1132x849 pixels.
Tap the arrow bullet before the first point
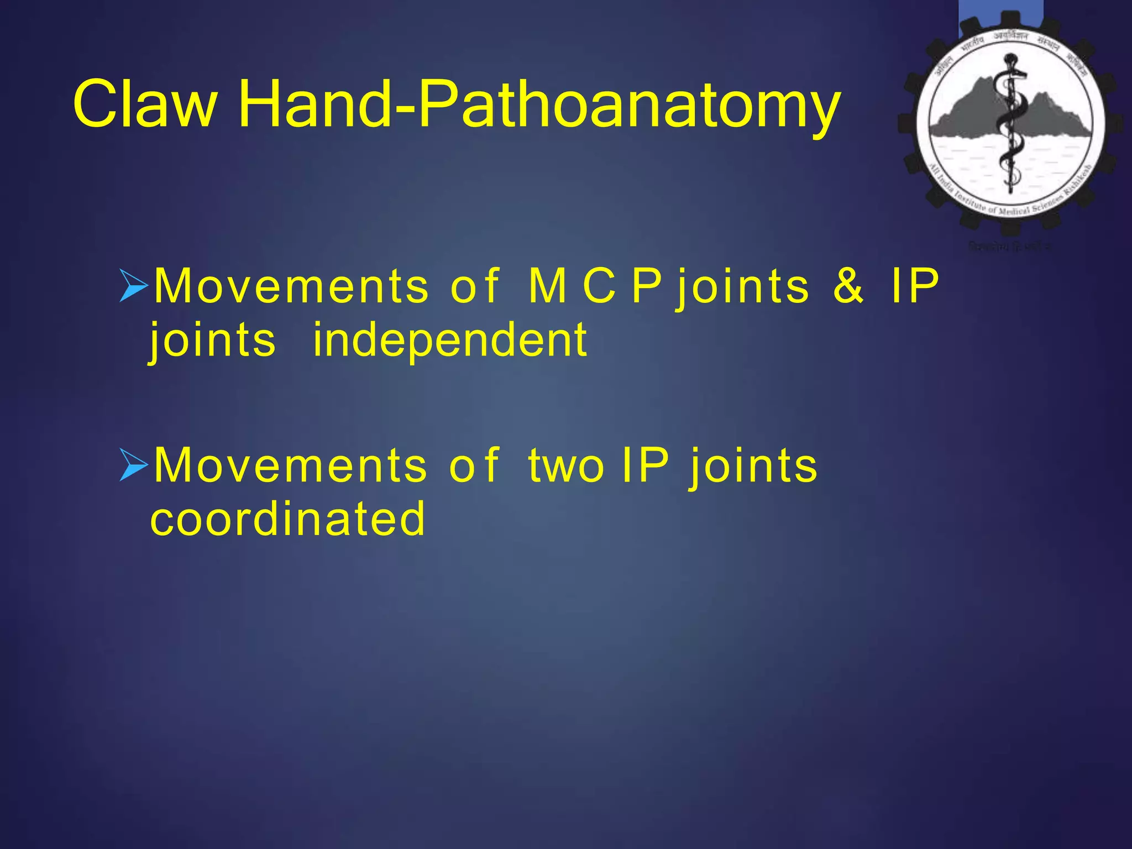point(134,286)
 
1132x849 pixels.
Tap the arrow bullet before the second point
point(134,465)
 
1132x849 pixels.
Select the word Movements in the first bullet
point(291,286)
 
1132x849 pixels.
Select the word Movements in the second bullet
point(290,465)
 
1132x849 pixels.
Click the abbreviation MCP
point(595,286)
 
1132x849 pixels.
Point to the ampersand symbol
point(848,286)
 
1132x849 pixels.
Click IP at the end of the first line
point(915,286)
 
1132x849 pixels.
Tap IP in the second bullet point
point(645,465)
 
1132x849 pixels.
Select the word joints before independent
point(213,342)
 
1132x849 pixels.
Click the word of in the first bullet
point(474,286)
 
